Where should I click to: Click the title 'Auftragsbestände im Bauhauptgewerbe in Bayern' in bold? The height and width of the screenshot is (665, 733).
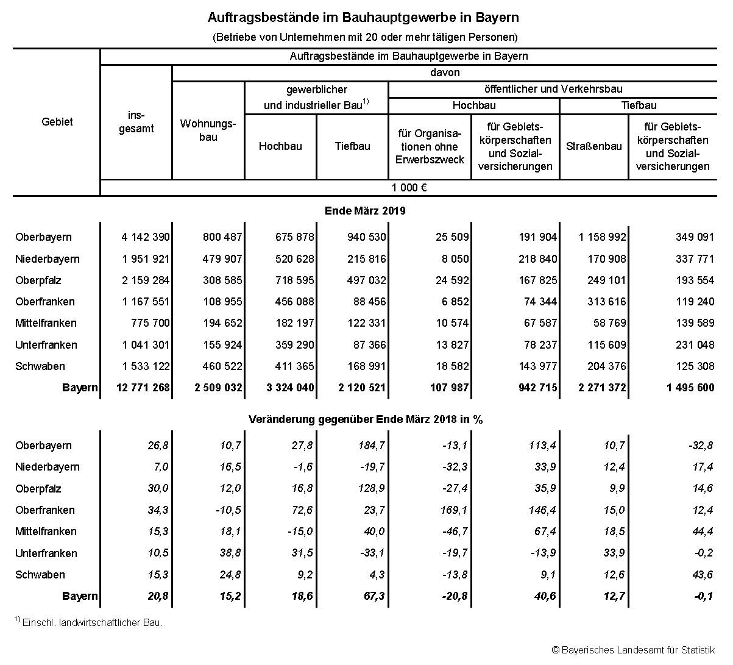[x=363, y=16]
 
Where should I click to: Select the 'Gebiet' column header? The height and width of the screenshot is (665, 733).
[x=57, y=122]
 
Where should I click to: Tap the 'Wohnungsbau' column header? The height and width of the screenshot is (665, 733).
[x=208, y=130]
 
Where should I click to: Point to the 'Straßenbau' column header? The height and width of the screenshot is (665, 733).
[x=593, y=146]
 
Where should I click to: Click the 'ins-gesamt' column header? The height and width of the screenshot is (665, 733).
[x=136, y=122]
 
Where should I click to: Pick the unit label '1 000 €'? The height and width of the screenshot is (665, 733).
[x=408, y=188]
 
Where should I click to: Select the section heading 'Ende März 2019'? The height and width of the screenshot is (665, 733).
[x=365, y=211]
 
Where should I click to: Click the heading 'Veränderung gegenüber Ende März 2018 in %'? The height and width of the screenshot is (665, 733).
[x=366, y=420]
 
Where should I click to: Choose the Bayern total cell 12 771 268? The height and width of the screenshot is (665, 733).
[x=143, y=388]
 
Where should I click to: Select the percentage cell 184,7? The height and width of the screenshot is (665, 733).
[x=371, y=446]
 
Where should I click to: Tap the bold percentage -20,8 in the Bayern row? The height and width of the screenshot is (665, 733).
[x=453, y=596]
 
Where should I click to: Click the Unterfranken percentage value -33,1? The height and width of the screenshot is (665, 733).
[x=371, y=553]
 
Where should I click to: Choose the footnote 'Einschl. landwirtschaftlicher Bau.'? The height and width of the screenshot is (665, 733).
[x=92, y=623]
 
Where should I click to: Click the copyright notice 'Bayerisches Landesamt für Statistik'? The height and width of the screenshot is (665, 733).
[x=637, y=650]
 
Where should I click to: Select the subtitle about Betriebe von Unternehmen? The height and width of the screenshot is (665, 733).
[x=365, y=37]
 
